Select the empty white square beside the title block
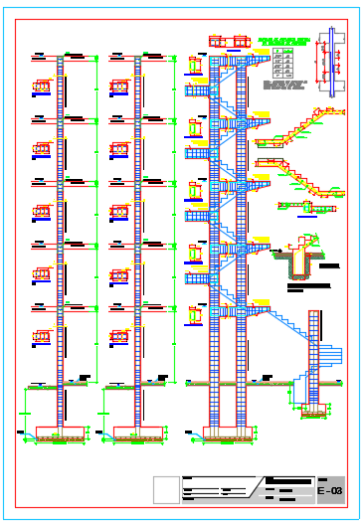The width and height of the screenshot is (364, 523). (166, 490)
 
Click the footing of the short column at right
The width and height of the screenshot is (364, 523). (315, 409)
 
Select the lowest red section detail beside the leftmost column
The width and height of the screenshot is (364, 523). (42, 336)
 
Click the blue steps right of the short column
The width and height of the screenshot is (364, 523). (333, 358)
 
